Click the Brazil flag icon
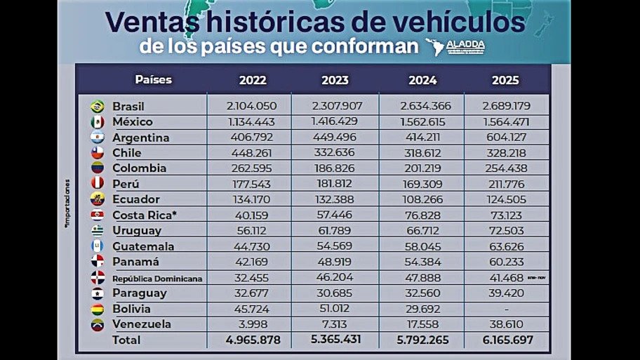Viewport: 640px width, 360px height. point(98,107)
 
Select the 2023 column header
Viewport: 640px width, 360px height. point(335,80)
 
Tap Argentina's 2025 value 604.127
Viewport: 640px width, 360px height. point(506,138)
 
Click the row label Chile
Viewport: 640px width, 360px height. point(127,153)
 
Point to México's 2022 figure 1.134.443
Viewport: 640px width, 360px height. point(251,122)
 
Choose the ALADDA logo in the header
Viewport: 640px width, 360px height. point(455,47)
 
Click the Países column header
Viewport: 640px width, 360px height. point(153,80)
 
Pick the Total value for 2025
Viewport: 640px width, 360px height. point(506,340)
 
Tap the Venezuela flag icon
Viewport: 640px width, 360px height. point(98,325)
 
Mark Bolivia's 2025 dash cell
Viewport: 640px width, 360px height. point(506,309)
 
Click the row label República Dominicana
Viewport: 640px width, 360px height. point(157,279)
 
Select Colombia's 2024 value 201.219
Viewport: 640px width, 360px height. point(422,168)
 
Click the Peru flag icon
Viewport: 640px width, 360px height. point(98,184)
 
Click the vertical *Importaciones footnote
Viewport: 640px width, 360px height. point(67,204)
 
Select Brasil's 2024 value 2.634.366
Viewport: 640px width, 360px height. point(422,107)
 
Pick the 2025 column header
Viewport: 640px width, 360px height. point(505,80)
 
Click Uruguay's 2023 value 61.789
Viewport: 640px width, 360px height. point(335,231)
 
